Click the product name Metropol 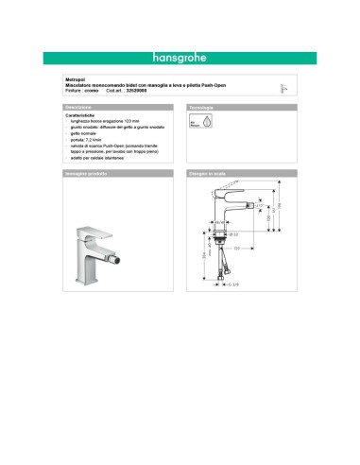click(75, 83)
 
